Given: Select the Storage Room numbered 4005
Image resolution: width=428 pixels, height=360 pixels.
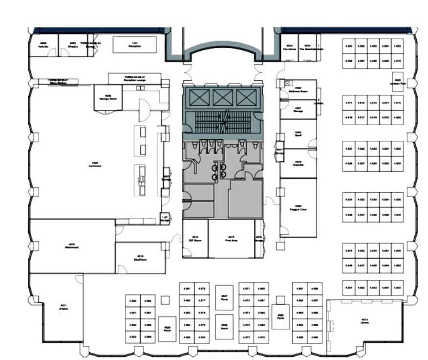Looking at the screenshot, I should (107, 97).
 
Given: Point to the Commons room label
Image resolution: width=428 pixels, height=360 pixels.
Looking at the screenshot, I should (95, 165).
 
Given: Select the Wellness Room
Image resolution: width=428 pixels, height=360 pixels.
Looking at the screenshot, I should (298, 90).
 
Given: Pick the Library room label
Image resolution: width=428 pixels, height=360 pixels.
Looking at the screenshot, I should (364, 321).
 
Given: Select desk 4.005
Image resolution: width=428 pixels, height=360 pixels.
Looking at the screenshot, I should (397, 45).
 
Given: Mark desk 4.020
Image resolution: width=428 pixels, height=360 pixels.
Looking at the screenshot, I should (397, 117).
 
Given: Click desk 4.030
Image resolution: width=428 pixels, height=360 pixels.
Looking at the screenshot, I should (397, 163).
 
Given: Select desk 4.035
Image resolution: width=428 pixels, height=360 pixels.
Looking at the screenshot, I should (397, 200).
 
